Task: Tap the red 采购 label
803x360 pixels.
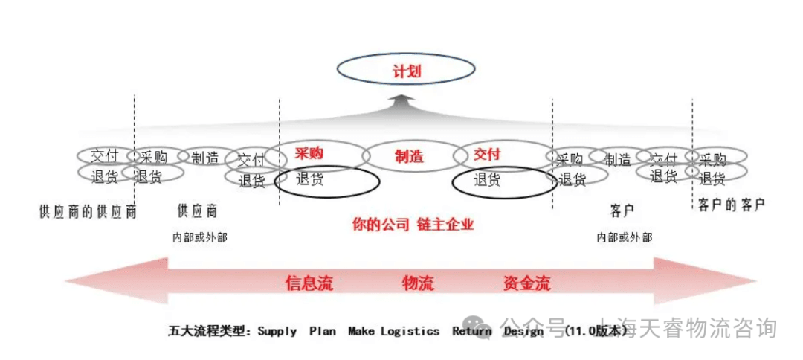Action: pos(309,153)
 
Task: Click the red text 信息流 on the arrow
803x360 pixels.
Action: pos(309,283)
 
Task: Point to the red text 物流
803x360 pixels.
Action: pos(418,283)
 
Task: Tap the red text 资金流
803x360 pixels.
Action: pos(526,283)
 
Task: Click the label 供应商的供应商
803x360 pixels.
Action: pos(88,211)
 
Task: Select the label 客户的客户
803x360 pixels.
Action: pos(732,204)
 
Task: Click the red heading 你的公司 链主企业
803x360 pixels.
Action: pos(413,224)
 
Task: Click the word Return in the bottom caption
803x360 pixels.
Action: pos(471,332)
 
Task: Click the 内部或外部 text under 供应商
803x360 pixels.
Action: pos(199,237)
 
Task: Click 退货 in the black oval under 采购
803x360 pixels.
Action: pos(310,179)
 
